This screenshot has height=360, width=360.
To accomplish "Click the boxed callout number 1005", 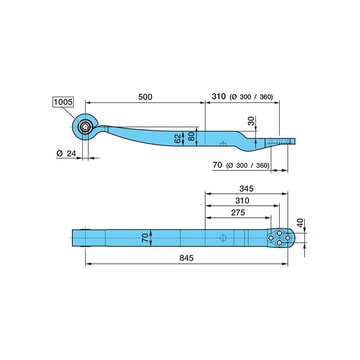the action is (63, 102).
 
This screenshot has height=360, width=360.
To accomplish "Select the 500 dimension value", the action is (145, 97).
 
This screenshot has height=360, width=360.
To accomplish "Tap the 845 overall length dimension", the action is (186, 258).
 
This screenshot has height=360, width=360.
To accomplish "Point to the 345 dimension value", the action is (246, 189).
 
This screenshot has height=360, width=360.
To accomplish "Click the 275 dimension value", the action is (238, 213).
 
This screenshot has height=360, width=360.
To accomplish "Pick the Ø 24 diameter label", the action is (66, 153).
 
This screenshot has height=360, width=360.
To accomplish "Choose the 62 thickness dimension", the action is (178, 139).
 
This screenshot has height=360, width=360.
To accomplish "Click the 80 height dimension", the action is (191, 136).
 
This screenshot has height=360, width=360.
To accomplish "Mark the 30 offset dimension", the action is (251, 121).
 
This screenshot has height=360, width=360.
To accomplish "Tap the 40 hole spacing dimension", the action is (300, 223).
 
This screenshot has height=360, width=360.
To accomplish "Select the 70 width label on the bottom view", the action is (145, 238).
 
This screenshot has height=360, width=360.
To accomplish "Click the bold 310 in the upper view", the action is (219, 96).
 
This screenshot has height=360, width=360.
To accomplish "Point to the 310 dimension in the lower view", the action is (242, 201).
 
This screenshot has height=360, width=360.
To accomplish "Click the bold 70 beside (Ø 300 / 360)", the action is (217, 165).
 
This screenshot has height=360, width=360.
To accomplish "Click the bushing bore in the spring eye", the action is (85, 127).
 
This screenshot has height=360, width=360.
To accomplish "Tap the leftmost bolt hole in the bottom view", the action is (271, 238).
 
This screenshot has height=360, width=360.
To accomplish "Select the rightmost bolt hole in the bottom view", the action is (287, 238).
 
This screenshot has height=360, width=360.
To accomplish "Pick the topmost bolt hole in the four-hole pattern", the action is (279, 233).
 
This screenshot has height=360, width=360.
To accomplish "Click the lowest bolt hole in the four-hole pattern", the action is (279, 243).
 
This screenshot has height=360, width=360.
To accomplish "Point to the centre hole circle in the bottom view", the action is (223, 238).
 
